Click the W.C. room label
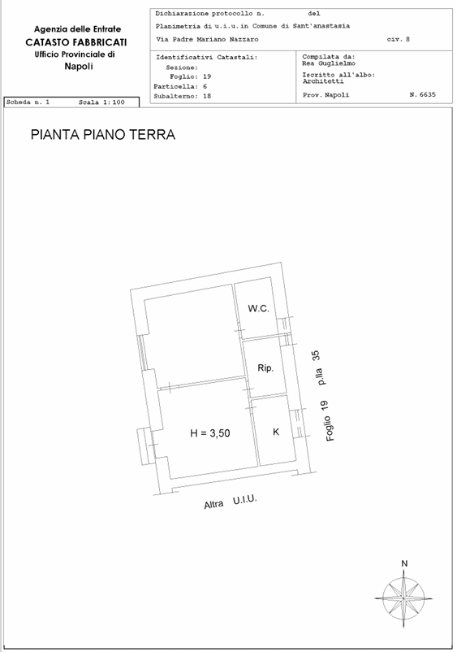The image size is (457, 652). [259, 309]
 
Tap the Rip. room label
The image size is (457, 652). [265, 368]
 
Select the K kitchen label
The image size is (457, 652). [276, 432]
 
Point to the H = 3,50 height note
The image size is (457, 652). [210, 433]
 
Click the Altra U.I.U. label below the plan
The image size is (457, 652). [231, 502]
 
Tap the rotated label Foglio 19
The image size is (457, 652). [328, 420]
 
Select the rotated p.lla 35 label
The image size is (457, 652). [319, 368]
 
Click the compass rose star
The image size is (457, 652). [403, 598]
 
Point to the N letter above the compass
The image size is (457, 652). [404, 563]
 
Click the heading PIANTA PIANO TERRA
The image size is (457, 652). [103, 135]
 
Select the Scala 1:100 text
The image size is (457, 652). [101, 102]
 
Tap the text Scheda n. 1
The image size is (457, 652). [28, 102]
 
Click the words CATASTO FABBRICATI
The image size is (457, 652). [76, 42]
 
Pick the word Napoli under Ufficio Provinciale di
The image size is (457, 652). [79, 66]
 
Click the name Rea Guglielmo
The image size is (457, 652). [329, 63]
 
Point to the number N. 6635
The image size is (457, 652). [423, 94]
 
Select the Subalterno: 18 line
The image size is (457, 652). [182, 96]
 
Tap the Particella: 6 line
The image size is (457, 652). [180, 86]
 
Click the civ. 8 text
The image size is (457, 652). [398, 40]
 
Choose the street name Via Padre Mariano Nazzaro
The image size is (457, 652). [207, 40]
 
